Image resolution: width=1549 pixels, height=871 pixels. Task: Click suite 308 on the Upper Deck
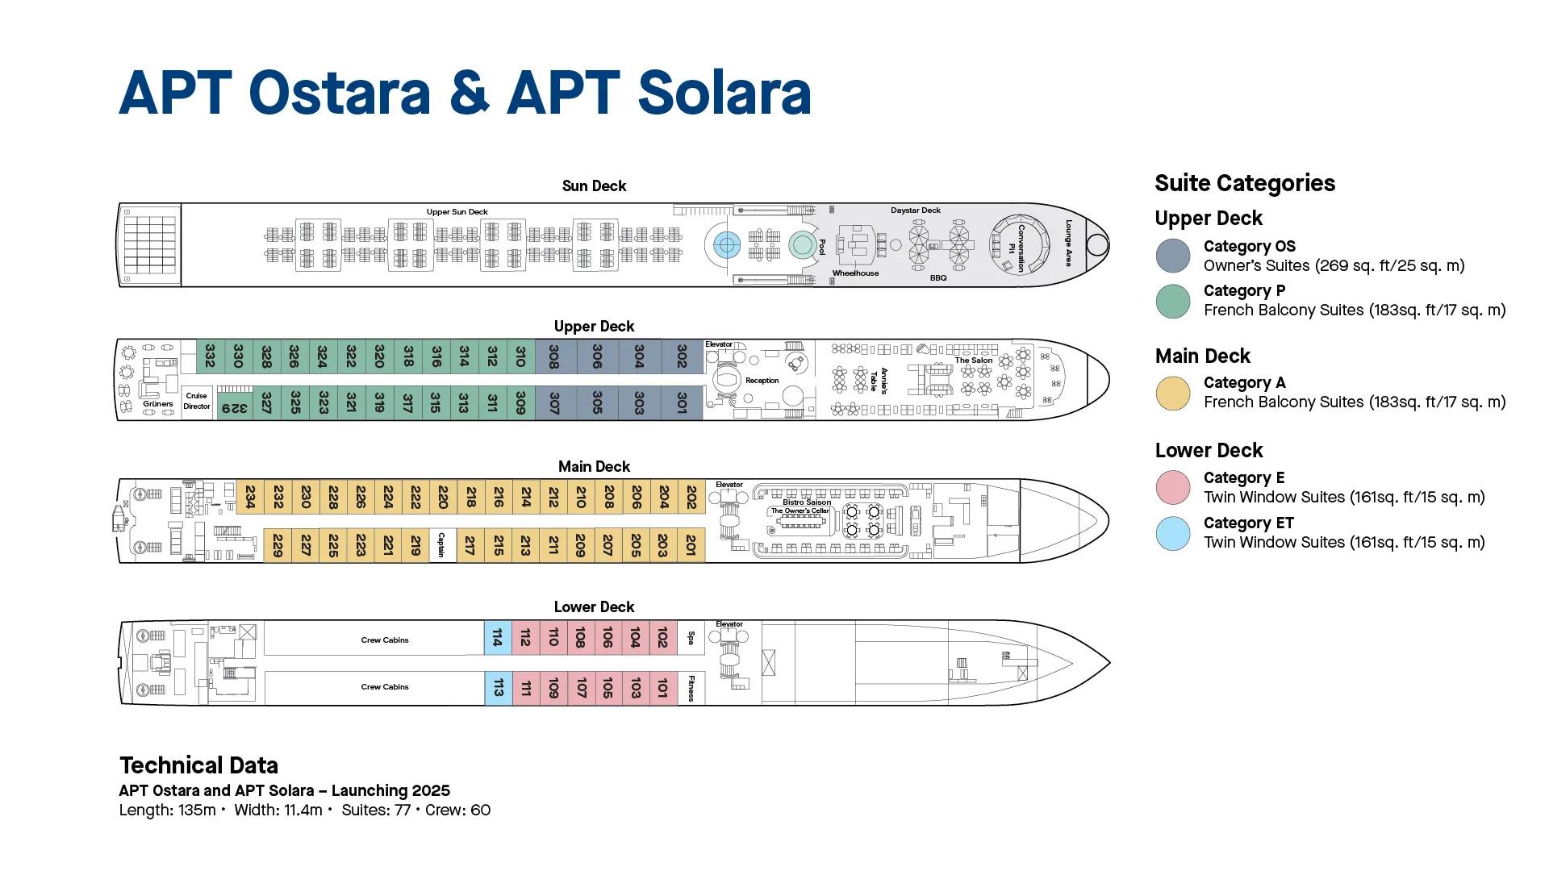click(554, 356)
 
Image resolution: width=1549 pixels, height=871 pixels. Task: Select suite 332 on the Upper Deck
click(210, 356)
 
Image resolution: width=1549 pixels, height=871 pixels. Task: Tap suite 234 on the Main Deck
click(250, 497)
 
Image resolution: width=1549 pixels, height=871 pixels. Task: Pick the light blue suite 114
click(498, 637)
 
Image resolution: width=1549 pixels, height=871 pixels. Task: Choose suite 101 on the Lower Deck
click(662, 688)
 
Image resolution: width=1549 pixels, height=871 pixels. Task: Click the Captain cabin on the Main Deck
click(441, 545)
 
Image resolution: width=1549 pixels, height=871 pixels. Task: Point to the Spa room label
click(691, 637)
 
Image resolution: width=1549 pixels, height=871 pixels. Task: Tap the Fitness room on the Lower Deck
click(691, 688)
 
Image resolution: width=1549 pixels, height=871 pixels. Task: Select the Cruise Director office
click(197, 401)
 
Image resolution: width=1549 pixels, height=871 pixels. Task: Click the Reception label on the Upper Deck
click(762, 381)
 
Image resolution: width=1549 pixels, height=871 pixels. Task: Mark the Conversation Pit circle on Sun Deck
click(1019, 244)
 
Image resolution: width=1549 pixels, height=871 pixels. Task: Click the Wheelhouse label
click(855, 273)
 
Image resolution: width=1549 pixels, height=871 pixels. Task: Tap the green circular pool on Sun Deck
click(801, 244)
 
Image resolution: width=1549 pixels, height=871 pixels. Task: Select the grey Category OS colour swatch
click(1172, 256)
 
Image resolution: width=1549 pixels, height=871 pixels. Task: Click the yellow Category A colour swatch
click(1172, 393)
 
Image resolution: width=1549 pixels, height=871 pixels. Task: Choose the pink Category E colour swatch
click(1172, 488)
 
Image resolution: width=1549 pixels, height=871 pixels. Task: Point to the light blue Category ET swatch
click(1172, 533)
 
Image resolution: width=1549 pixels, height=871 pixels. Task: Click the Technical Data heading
click(198, 765)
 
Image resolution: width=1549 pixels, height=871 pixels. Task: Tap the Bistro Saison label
click(806, 502)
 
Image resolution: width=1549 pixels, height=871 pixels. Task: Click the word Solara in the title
click(724, 93)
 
